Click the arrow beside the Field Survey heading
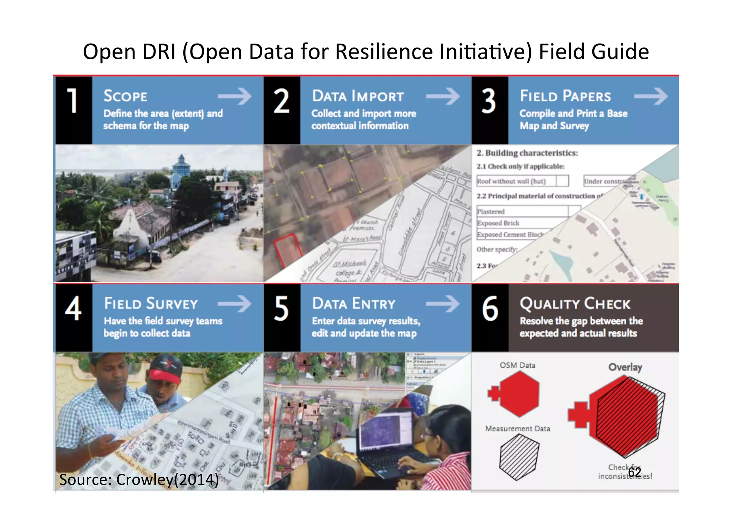pos(234,304)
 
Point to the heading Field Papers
pos(565,96)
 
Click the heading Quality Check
pos(575,304)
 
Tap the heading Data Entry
pos(353,304)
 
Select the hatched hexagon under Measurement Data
pos(519,457)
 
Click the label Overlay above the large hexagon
pos(625,367)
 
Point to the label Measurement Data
pos(517,429)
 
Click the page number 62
pos(634,472)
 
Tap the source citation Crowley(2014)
pos(139,479)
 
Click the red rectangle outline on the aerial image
pos(288,250)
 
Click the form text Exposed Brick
pos(498,223)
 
